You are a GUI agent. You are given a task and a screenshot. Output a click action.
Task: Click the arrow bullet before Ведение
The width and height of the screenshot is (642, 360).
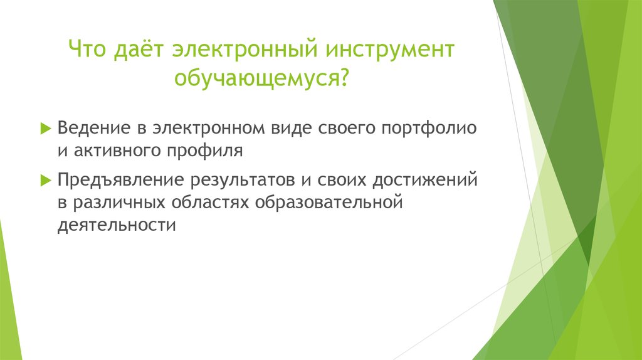45,128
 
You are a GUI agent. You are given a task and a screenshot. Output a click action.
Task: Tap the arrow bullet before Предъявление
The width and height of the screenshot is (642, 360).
45,181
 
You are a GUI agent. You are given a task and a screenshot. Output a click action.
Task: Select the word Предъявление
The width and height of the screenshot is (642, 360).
120,181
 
